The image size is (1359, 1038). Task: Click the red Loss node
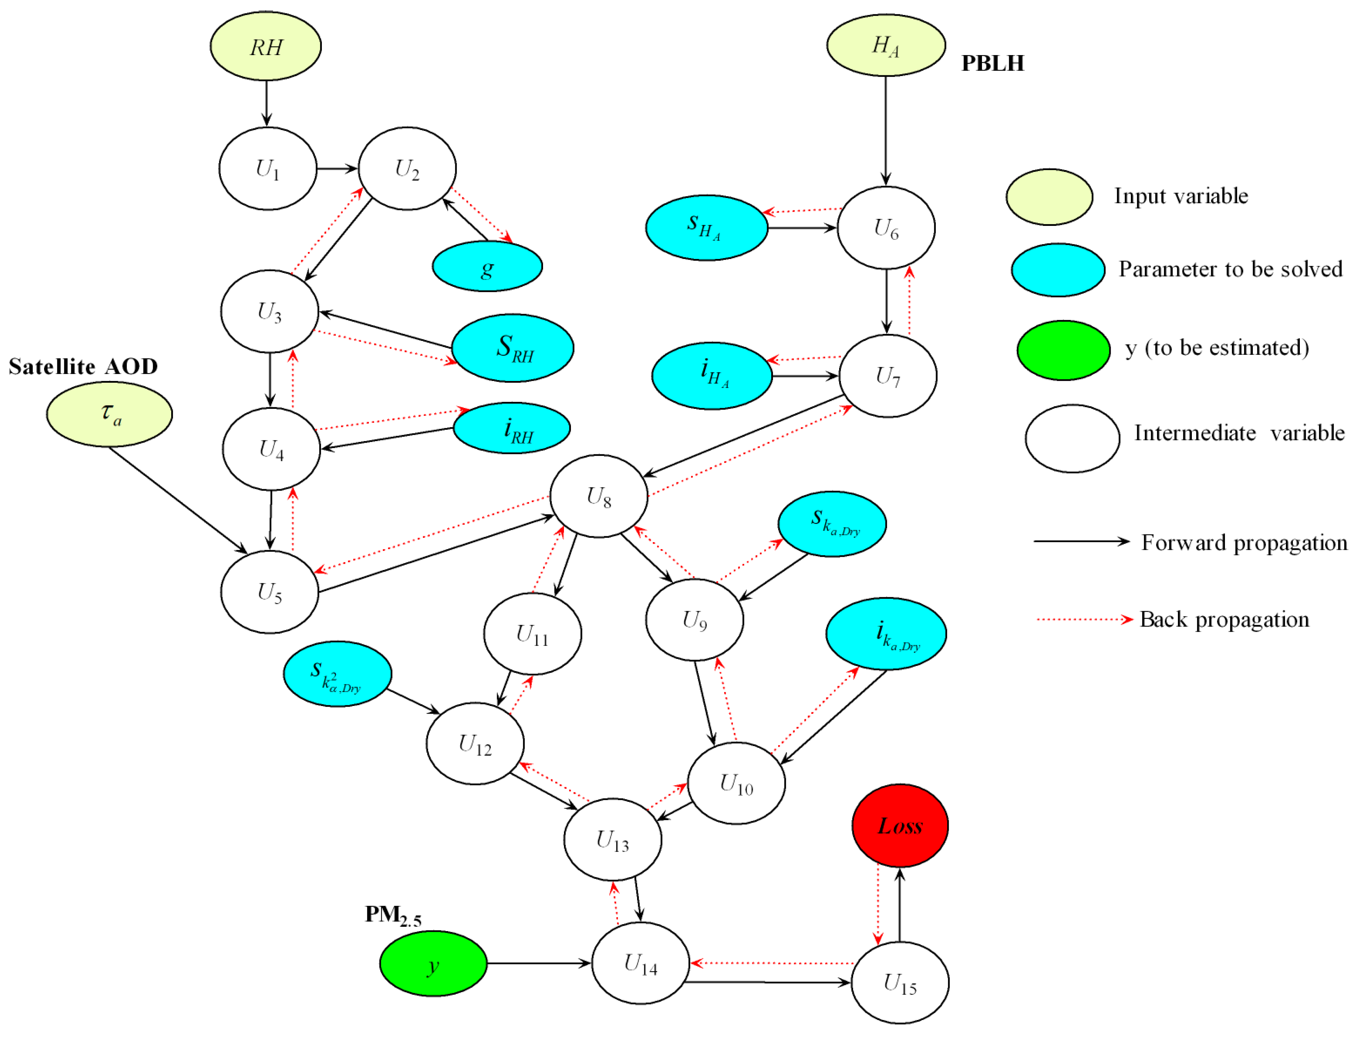(x=900, y=825)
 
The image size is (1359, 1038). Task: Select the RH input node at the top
(x=266, y=46)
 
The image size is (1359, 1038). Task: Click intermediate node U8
(x=598, y=496)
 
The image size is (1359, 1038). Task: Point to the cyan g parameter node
(x=487, y=266)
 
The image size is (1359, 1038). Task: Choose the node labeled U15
(x=900, y=983)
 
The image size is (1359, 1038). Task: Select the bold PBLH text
(x=992, y=63)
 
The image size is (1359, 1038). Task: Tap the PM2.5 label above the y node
(x=393, y=915)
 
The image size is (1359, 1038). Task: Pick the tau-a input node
(x=109, y=414)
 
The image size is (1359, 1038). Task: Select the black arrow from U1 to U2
(x=337, y=168)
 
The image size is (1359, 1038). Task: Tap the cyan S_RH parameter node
(x=512, y=348)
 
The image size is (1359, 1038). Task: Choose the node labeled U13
(x=612, y=839)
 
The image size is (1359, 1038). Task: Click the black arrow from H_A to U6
(x=885, y=130)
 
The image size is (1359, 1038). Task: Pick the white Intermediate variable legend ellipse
(x=1072, y=439)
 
